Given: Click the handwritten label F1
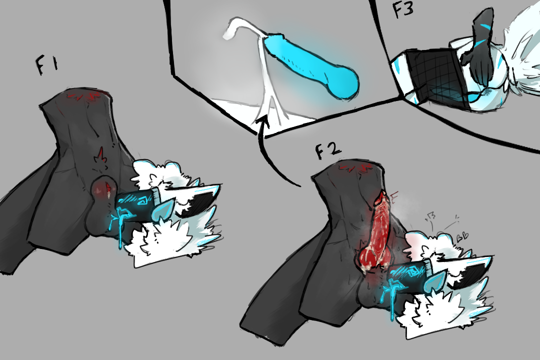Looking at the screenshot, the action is click(x=47, y=65).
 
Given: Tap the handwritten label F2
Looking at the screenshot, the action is click(x=328, y=150).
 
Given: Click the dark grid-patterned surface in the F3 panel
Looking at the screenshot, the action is click(x=436, y=77).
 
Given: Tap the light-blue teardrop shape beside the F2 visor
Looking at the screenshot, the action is click(x=435, y=280).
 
